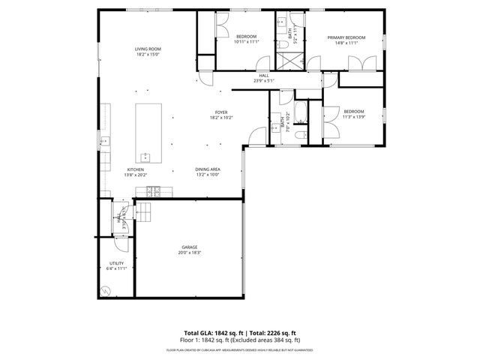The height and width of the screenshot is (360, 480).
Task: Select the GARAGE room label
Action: [189, 246]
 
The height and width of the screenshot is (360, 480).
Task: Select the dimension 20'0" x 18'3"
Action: [189, 252]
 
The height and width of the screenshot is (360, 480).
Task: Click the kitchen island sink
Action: [145, 157]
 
